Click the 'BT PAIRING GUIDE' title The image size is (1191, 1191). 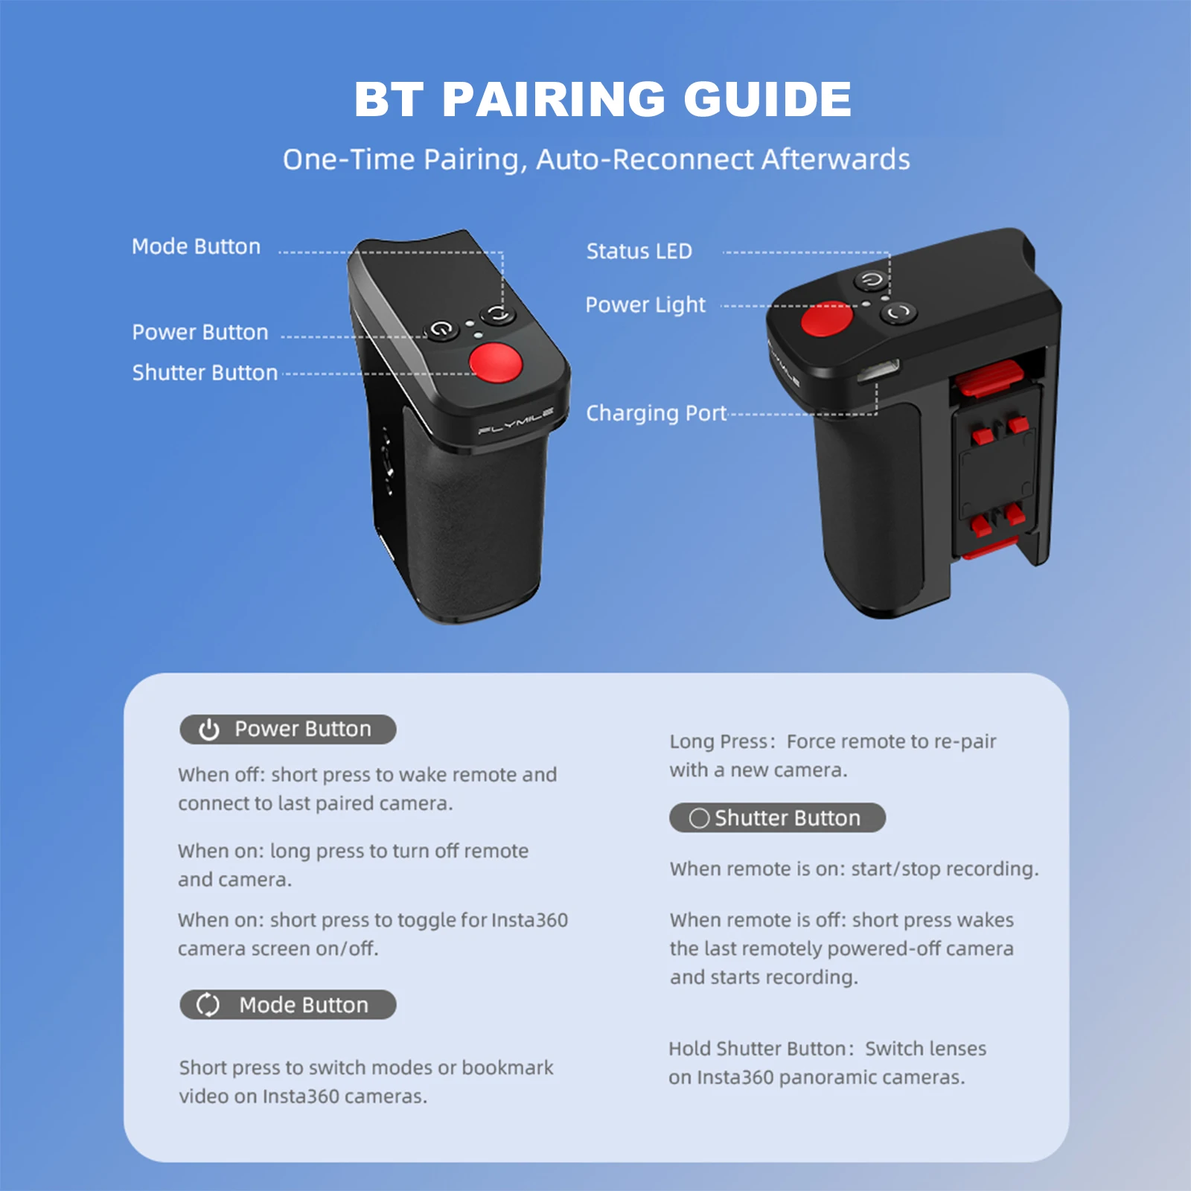[602, 99]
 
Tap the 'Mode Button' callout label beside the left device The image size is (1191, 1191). [196, 246]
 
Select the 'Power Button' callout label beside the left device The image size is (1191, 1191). [199, 332]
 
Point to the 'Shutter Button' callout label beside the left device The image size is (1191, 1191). [205, 372]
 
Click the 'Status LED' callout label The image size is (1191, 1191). [639, 251]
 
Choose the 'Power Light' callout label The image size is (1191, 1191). [645, 304]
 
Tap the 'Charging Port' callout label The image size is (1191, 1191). [656, 413]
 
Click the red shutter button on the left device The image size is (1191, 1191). [496, 363]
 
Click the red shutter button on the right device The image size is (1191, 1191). [826, 319]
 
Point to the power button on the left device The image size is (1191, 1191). [441, 329]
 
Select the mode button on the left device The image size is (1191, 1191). [498, 315]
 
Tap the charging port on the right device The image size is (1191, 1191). [879, 369]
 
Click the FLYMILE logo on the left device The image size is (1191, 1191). [516, 421]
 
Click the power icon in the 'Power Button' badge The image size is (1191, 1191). [209, 729]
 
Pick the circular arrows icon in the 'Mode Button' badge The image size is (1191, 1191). [208, 1005]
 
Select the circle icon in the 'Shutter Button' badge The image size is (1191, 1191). [699, 818]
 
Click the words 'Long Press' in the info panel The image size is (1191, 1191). [718, 741]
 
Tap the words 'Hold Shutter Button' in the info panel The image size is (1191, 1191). [756, 1049]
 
